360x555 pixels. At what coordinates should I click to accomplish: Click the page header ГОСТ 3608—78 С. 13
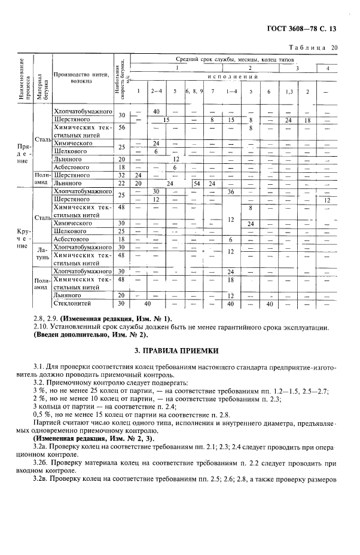tap(308, 28)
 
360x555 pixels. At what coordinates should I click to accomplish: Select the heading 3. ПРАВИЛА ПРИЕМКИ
tap(179, 350)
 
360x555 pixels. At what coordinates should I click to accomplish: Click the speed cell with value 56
tap(122, 127)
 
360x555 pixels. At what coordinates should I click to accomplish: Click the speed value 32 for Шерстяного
tap(122, 175)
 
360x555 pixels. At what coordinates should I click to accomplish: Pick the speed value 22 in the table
tap(122, 184)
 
